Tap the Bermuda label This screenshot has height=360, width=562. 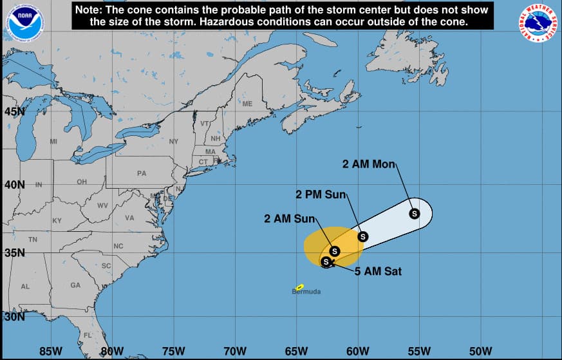pyautogui.click(x=306, y=292)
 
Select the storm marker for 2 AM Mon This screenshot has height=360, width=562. pyautogui.click(x=414, y=213)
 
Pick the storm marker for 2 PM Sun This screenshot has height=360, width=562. pyautogui.click(x=362, y=236)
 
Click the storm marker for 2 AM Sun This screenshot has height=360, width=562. pyautogui.click(x=334, y=251)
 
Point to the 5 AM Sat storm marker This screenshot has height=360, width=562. pyautogui.click(x=326, y=261)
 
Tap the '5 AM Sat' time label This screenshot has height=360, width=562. pyautogui.click(x=378, y=272)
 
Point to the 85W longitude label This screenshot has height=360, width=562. pyautogui.click(x=51, y=351)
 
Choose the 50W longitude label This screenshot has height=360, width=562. pyautogui.click(x=480, y=351)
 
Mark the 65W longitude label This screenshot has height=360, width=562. pyautogui.click(x=296, y=351)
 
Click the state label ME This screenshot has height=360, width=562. pyautogui.click(x=247, y=104)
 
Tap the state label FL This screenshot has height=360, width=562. pyautogui.click(x=87, y=336)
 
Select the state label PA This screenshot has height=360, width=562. pyautogui.click(x=142, y=173)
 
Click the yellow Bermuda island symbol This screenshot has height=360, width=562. pyautogui.click(x=299, y=287)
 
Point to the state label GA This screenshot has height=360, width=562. pyautogui.click(x=75, y=285)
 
